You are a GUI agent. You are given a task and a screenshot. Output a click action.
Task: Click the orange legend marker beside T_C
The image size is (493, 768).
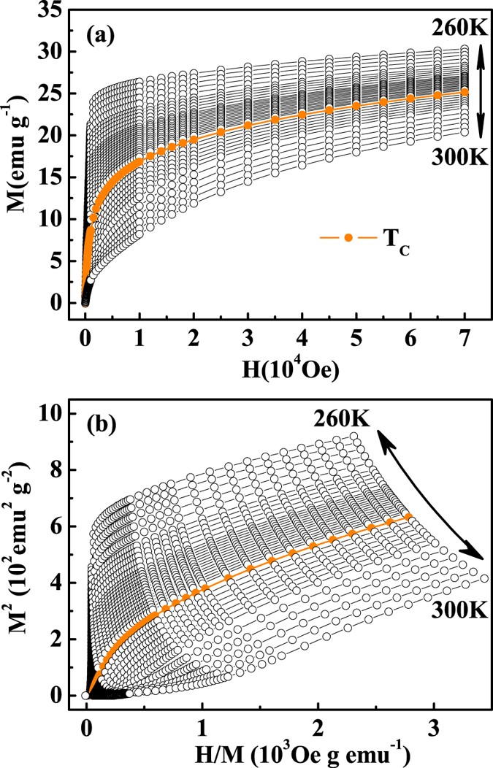coord(348,238)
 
